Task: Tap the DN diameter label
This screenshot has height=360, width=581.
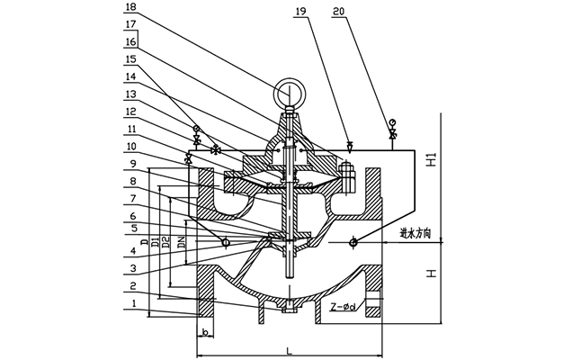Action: pos(182,242)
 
